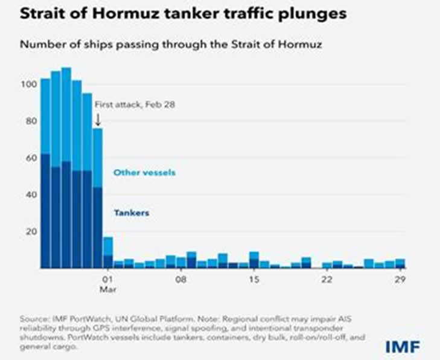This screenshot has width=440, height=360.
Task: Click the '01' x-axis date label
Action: tap(108, 280)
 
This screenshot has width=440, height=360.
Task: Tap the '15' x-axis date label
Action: tap(254, 280)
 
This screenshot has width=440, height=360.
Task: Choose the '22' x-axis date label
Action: tap(327, 280)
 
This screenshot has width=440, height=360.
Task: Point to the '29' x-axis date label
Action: tap(400, 280)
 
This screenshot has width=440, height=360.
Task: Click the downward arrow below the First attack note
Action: tap(98, 119)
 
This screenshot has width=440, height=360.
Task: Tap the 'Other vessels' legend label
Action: tap(144, 173)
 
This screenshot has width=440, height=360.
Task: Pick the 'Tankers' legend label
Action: tap(131, 213)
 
